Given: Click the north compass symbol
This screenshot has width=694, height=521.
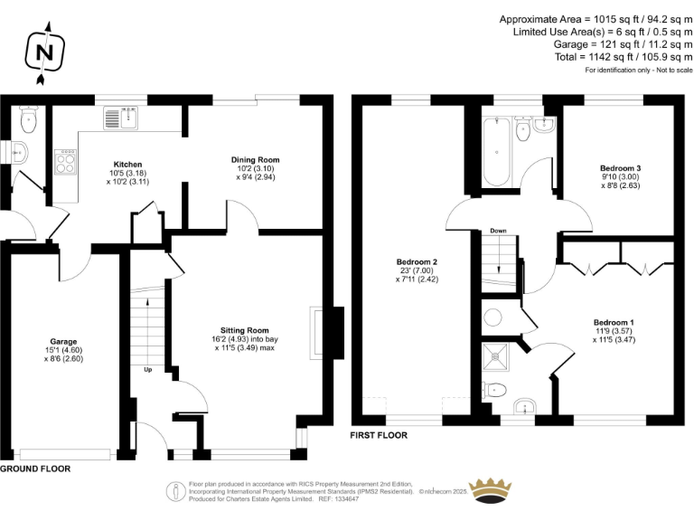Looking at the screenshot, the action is pos(44,52).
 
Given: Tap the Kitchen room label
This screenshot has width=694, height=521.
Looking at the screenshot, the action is pos(128,165).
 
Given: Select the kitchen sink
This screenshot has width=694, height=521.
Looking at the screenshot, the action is pos(121,118).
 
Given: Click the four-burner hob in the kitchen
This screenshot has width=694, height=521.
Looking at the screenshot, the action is pos(65,162).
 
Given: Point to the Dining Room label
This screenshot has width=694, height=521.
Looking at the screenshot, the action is pos(256,160).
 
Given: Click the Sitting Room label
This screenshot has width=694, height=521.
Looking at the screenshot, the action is pos(245,330).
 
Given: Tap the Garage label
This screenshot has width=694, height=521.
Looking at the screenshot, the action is pos(63,342).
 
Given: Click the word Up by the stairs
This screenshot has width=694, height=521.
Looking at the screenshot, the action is pos(148,369).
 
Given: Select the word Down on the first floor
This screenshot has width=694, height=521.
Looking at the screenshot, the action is pos(498,231).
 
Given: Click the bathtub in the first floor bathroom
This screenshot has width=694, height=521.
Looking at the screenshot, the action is pos(497,152).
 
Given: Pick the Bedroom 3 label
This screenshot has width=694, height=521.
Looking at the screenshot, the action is pos(621,168).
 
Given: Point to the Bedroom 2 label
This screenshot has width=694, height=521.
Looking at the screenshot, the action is pos(417,261).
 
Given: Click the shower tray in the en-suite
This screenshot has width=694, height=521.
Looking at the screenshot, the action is pos(496,357).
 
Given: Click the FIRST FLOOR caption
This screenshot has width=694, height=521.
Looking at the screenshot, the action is pos(379,435).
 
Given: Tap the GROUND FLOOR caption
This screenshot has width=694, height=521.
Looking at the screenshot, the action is pos(35,469).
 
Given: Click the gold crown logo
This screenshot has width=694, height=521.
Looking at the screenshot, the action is pos(491,490).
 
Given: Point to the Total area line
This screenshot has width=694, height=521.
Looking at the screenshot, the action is pos(624,57).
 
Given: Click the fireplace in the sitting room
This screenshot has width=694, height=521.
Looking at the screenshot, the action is pos(327,333).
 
